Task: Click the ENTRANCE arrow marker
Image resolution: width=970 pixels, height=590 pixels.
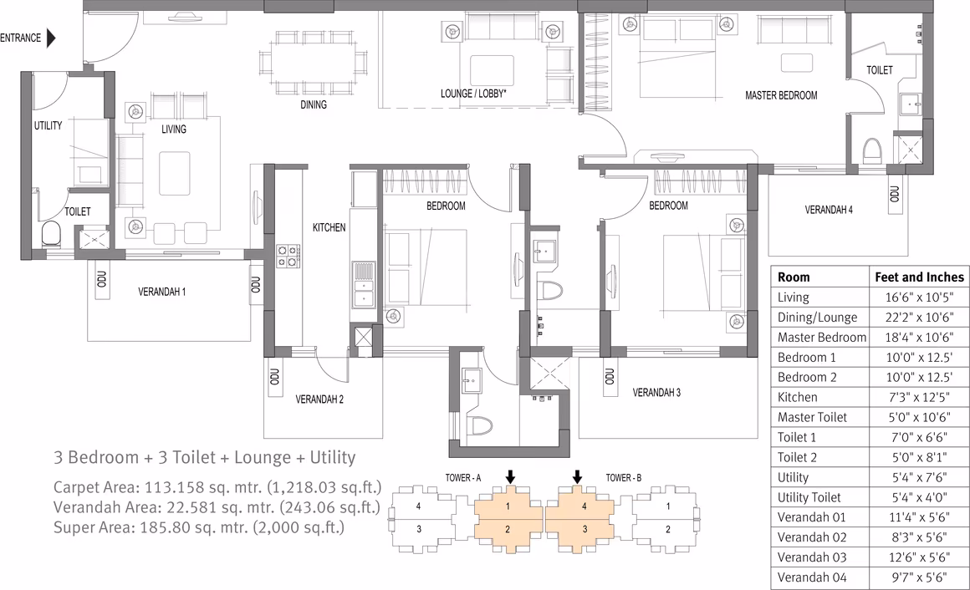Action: point(51,38)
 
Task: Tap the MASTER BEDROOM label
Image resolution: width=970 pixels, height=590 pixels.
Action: point(781,95)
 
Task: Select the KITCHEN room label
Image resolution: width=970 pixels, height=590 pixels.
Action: point(329,227)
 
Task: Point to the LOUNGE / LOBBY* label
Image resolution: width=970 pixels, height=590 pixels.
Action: point(473,94)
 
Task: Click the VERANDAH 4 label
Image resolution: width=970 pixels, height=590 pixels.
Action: point(829,210)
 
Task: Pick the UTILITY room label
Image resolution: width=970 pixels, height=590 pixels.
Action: point(48,125)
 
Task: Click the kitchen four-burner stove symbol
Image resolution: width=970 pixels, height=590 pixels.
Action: point(288,256)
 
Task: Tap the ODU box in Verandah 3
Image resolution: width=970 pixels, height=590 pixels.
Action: point(610,377)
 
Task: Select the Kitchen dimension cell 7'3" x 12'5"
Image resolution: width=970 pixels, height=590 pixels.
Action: point(919,397)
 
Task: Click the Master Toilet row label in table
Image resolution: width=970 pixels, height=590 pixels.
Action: point(812,417)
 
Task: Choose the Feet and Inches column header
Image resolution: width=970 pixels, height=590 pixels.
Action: point(919,277)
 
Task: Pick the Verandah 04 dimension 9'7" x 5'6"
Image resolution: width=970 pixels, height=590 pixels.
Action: point(919,577)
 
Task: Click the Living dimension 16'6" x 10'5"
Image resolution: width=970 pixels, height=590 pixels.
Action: point(919,297)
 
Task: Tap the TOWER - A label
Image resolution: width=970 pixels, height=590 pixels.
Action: point(462,477)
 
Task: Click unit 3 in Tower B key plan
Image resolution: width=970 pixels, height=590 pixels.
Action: point(585,529)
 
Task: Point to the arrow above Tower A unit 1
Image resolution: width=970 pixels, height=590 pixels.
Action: point(510,476)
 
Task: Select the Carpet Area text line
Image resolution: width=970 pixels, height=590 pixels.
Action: point(217,487)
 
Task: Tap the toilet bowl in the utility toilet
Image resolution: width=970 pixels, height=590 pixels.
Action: point(51,234)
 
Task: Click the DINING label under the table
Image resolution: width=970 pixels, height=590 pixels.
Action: point(313,104)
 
